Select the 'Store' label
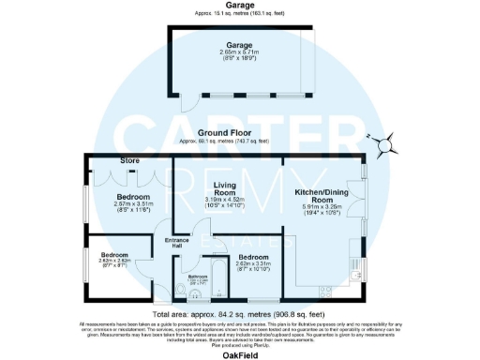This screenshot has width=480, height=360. pyautogui.click(x=129, y=161)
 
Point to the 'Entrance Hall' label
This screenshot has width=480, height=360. pyautogui.click(x=177, y=245)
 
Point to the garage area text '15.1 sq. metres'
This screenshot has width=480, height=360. pyautogui.click(x=238, y=16)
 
